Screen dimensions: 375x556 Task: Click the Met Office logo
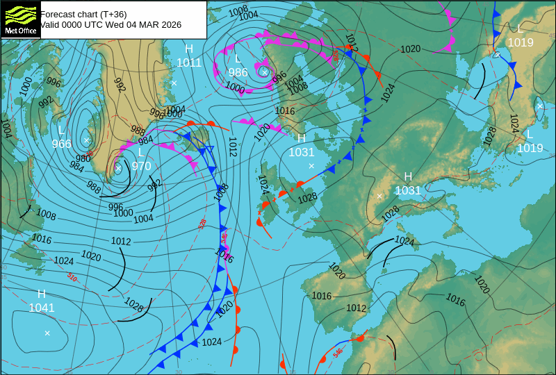point(20,19)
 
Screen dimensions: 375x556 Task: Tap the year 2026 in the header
point(170,25)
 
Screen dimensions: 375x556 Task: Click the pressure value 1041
point(42,308)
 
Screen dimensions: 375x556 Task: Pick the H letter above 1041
point(42,294)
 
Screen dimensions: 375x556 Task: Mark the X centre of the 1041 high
point(47,333)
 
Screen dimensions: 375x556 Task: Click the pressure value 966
point(61,144)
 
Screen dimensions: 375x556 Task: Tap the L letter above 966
point(61,131)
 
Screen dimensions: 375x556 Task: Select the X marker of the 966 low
point(86,140)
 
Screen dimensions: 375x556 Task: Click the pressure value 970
point(141,166)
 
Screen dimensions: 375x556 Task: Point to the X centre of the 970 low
point(118,167)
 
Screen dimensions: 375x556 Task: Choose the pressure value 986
point(238,72)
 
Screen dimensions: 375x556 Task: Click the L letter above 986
point(238,59)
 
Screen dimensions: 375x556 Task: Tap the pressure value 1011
point(189,62)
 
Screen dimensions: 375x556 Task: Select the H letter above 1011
point(189,49)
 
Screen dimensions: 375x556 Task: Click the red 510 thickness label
point(72,277)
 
